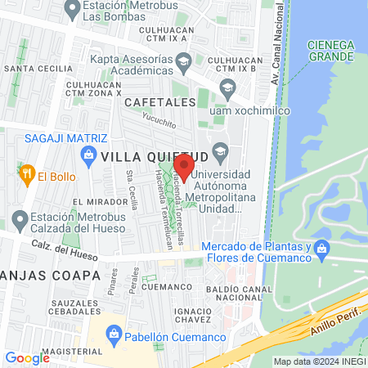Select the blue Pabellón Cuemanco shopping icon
pos(114,334)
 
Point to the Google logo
pos(27,357)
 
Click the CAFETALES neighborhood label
pos(160,101)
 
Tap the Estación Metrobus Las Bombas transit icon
pos(70,12)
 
